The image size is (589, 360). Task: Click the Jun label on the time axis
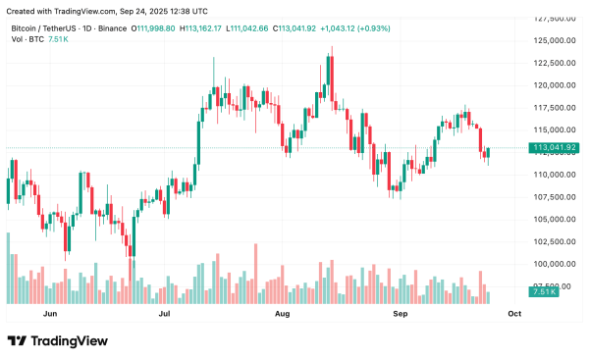(x=51, y=313)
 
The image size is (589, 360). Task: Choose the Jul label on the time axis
(x=166, y=313)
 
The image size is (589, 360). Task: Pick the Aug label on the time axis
(x=283, y=313)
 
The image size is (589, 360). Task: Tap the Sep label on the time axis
(x=401, y=313)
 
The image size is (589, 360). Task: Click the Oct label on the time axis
(x=514, y=313)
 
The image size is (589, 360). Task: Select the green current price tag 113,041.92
(x=553, y=147)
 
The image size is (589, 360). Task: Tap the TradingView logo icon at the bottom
(x=17, y=340)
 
